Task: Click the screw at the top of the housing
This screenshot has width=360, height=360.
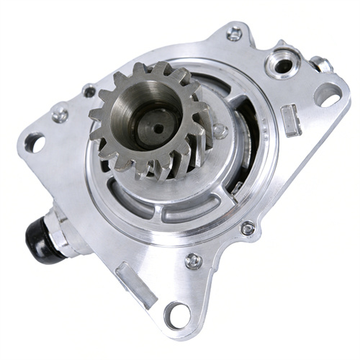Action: coord(234,33)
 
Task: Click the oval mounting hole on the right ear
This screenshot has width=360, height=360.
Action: coord(327,94)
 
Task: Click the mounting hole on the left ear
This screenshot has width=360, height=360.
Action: coord(34,142)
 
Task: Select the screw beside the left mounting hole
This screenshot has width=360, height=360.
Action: coord(60,114)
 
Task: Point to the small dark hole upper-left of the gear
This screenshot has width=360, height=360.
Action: coord(89,91)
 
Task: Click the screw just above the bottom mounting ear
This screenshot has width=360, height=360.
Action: coord(192,261)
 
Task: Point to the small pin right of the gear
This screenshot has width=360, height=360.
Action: coord(220,132)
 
